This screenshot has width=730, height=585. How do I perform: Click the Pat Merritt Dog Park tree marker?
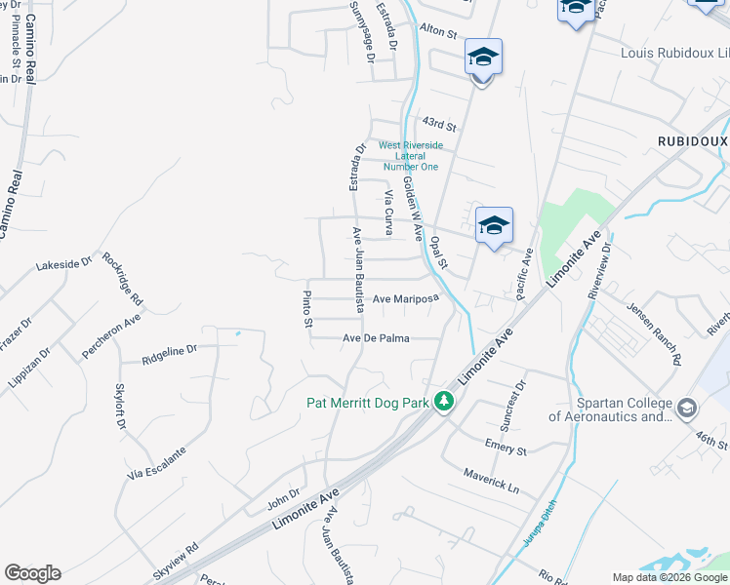[x=444, y=402]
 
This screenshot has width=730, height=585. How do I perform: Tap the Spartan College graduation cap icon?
[x=686, y=408]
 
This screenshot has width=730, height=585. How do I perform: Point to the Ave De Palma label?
[x=376, y=338]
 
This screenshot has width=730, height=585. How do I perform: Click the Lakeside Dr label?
[x=62, y=263]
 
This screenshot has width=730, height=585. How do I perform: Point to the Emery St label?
[x=506, y=448]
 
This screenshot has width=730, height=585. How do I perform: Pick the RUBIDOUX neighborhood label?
[x=692, y=140]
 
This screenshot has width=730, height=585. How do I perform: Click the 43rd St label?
[x=439, y=124]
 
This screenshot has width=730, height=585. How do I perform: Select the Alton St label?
[x=438, y=32]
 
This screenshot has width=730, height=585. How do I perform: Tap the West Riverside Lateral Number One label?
[x=411, y=156]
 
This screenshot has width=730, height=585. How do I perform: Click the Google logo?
[x=32, y=573]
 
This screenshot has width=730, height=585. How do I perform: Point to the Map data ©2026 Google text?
[x=669, y=577]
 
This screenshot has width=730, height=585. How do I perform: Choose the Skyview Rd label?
[x=176, y=561]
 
